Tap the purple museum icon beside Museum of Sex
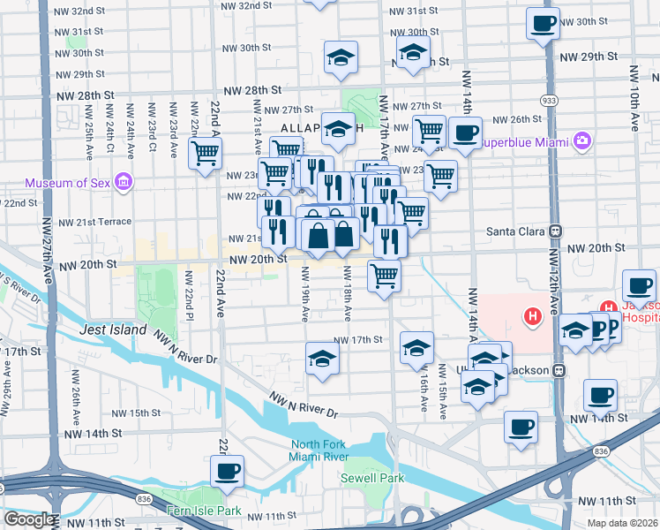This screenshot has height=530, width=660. coord(123,183)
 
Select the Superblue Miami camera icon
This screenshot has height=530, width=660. coord(581,140)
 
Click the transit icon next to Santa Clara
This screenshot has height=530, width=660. coord(556,231)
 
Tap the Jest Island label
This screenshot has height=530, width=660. coord(110,329)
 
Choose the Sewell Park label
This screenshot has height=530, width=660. coord(372,478)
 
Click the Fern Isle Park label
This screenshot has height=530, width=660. coord(204,511)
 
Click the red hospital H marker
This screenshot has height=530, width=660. coord(532,314)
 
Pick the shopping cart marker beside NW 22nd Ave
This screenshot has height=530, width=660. coord(206,152)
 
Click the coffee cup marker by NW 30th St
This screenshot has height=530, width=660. coord(544,22)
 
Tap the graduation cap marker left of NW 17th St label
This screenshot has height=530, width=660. coord(322,359)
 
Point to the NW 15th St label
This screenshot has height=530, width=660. coord(132,413)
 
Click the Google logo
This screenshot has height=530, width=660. coord(29,519)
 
